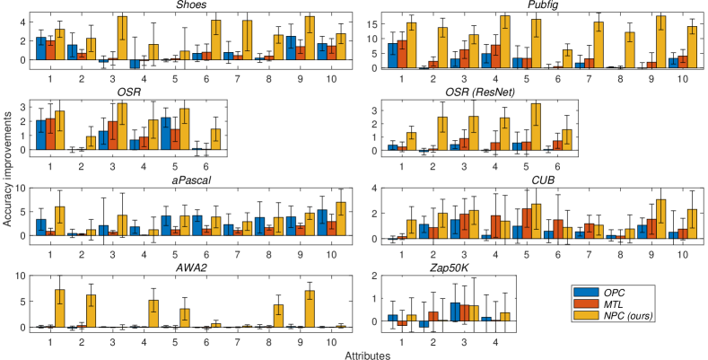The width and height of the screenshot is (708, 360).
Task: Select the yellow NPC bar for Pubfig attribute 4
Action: click(x=505, y=41)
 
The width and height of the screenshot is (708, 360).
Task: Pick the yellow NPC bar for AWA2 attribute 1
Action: click(x=60, y=308)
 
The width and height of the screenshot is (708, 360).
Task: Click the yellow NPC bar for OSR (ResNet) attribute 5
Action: click(x=536, y=127)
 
